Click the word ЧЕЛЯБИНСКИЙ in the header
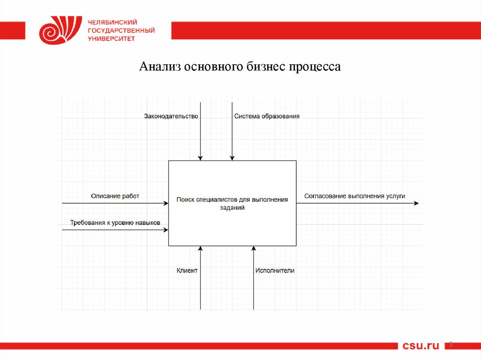coord(112,22)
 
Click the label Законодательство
coord(171,116)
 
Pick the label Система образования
coord(267,116)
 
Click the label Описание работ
coord(115,196)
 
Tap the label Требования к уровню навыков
coord(115,222)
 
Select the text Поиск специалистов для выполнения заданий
coord(232,204)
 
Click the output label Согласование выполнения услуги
coord(354,196)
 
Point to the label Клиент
coord(187,270)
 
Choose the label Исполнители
coord(275,270)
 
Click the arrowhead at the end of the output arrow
coord(416,203)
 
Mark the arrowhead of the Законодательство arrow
coord(201,158)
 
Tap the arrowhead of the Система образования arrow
coord(232,158)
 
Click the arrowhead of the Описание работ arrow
coord(166,203)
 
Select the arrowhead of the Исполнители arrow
coord(254,248)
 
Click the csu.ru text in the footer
coord(421,346)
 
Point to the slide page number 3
coord(451,345)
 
